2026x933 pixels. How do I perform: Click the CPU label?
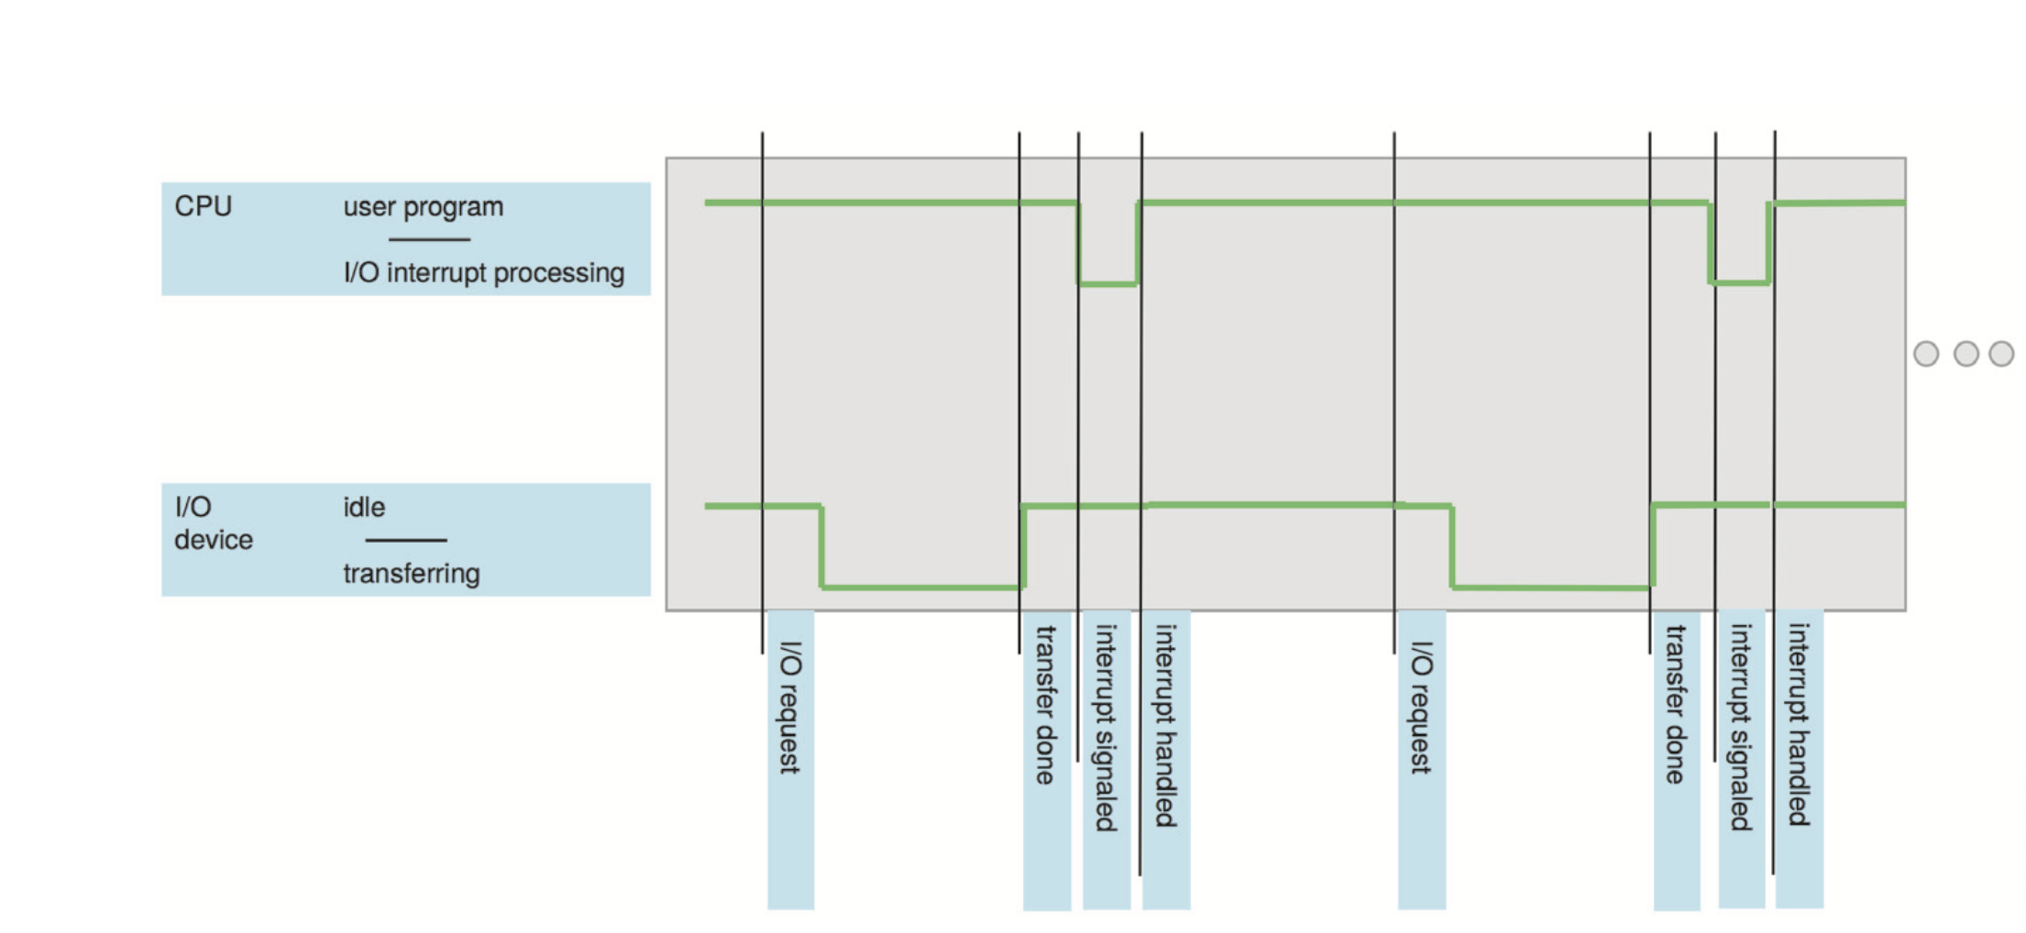click(203, 206)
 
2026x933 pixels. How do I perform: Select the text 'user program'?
click(423, 207)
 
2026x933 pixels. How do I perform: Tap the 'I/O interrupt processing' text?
click(483, 273)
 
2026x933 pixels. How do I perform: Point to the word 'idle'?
click(364, 508)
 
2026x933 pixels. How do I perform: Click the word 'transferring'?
click(411, 574)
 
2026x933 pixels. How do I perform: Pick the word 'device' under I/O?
click(213, 540)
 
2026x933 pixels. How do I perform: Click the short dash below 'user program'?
click(429, 240)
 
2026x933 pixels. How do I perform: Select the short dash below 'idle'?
click(405, 541)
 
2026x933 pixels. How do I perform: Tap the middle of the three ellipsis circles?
click(1965, 354)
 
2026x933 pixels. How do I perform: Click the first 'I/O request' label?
click(789, 708)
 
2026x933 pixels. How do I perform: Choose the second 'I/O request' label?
click(1420, 708)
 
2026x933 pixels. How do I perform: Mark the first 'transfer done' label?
click(1046, 705)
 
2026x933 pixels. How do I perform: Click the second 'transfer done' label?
click(1676, 705)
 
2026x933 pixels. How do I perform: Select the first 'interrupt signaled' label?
click(1106, 728)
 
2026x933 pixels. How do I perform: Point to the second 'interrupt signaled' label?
click(1740, 728)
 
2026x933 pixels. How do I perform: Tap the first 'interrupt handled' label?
click(1165, 726)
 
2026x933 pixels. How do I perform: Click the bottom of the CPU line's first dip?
click(1108, 284)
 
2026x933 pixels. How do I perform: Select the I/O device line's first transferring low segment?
click(921, 587)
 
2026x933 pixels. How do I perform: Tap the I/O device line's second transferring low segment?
click(1551, 587)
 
